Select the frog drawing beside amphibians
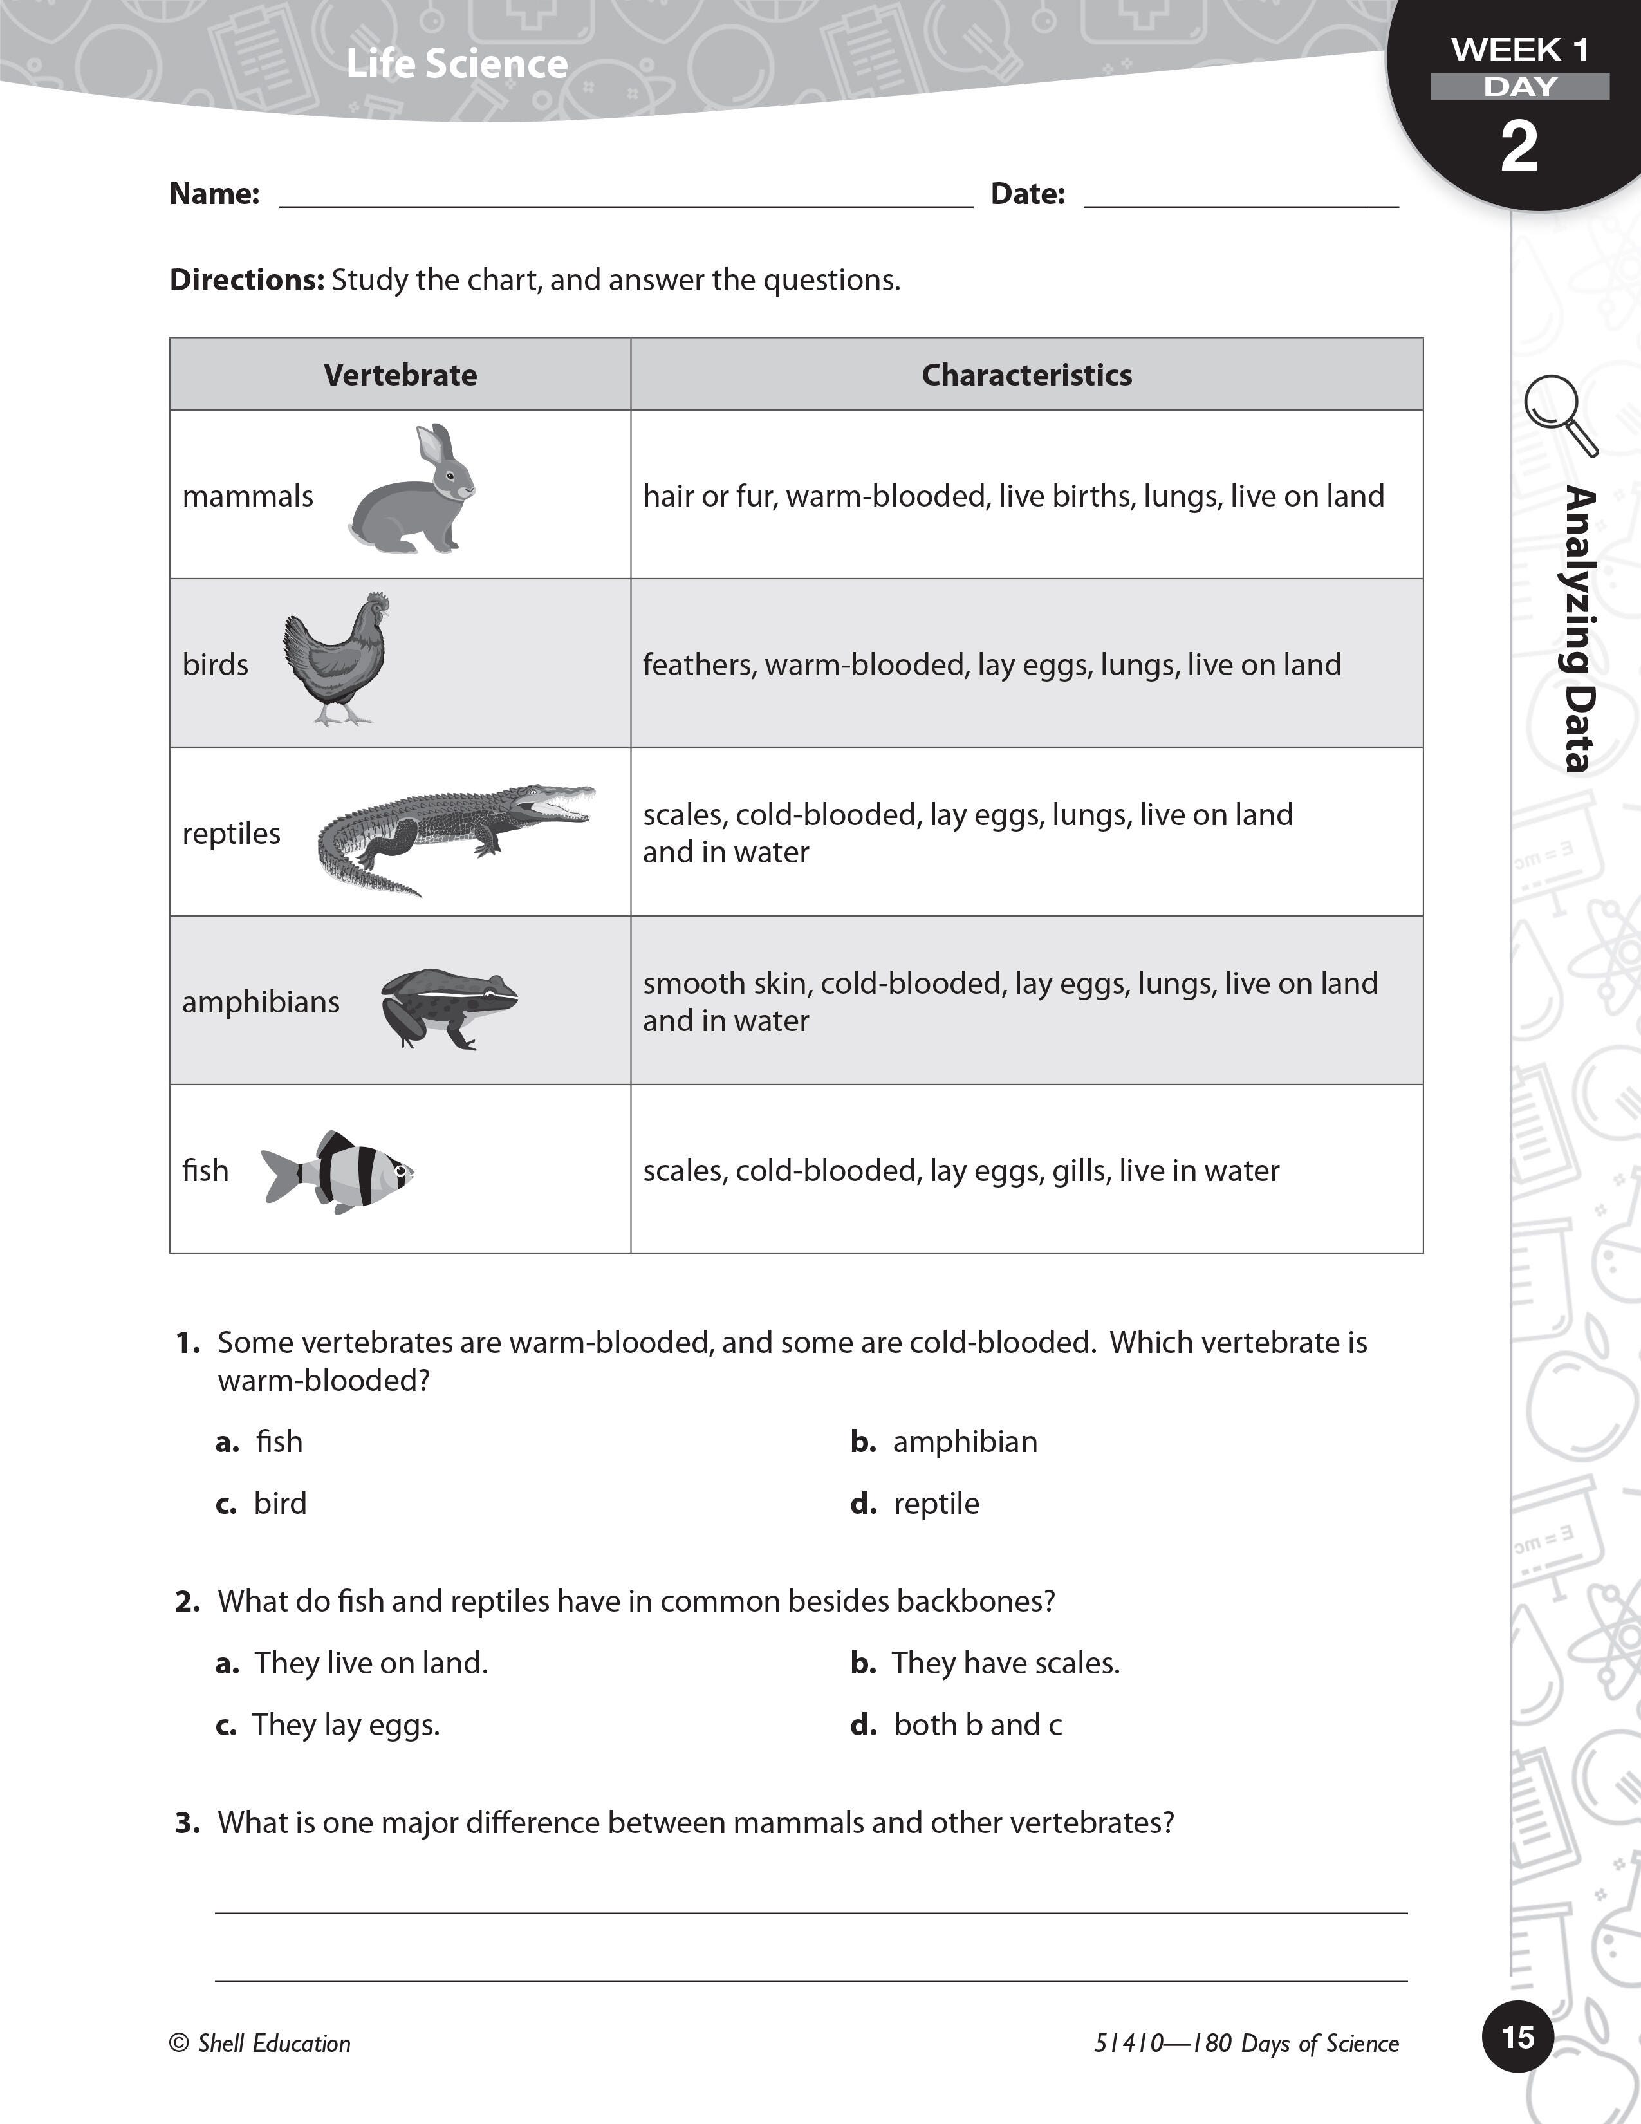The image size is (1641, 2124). coord(447,1007)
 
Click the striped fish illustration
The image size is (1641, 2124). coord(338,1171)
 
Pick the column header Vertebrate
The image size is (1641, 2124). coord(400,375)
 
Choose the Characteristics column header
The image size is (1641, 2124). coord(1026,375)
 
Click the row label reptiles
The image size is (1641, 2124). coord(232,834)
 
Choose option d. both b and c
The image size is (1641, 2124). coord(958,1725)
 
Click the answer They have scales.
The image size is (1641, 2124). coord(1005,1664)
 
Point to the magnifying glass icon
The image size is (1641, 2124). coord(1559,413)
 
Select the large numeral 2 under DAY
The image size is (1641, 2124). coord(1519,147)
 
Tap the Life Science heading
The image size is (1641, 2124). coord(456,64)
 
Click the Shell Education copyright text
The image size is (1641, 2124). coord(261,2044)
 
